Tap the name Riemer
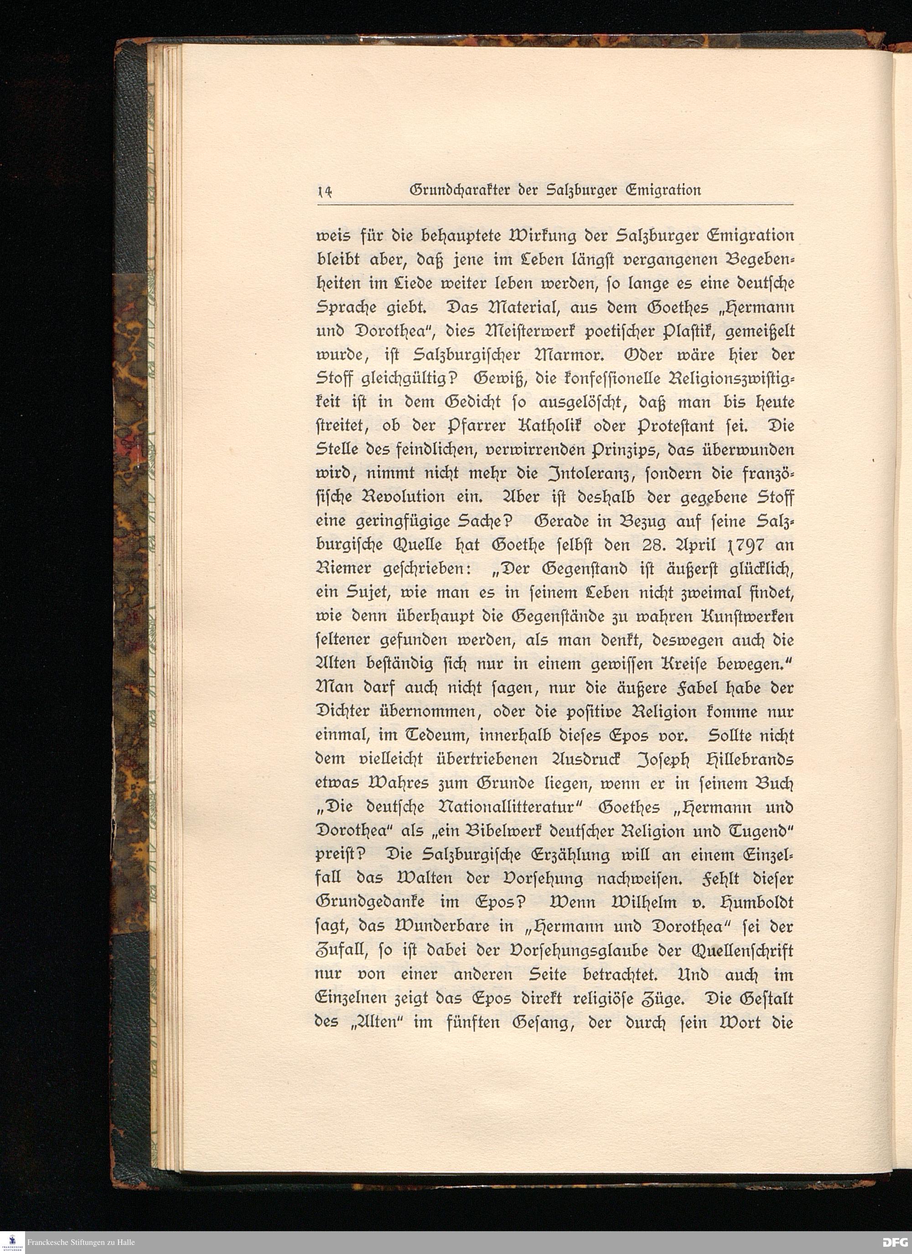(x=341, y=569)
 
